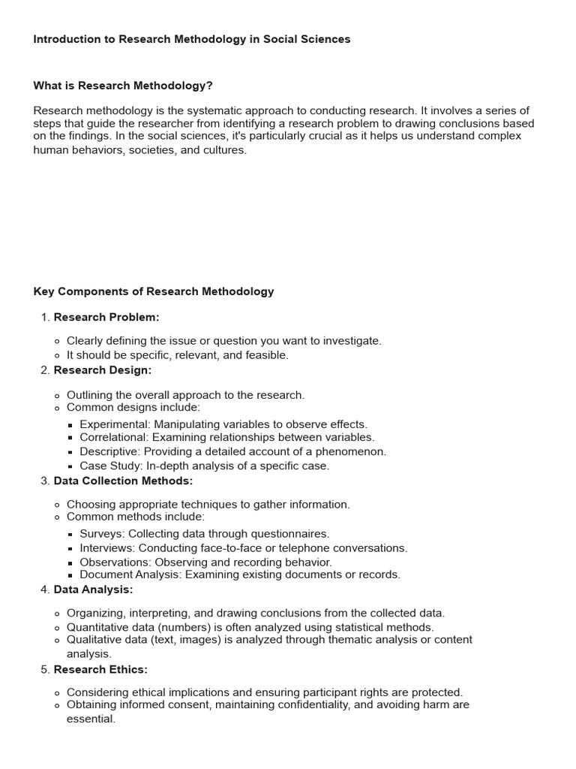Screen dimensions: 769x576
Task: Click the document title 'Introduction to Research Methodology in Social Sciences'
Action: tap(192, 39)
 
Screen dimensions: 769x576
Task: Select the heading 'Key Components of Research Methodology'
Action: tap(154, 291)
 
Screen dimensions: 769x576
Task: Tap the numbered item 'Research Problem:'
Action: tap(106, 317)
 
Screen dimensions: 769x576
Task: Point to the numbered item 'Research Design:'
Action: tap(103, 370)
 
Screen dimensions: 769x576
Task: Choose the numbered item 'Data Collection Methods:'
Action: tap(123, 481)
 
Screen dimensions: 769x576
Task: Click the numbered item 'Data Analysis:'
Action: tap(93, 590)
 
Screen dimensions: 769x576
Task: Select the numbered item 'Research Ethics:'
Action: tap(100, 669)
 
